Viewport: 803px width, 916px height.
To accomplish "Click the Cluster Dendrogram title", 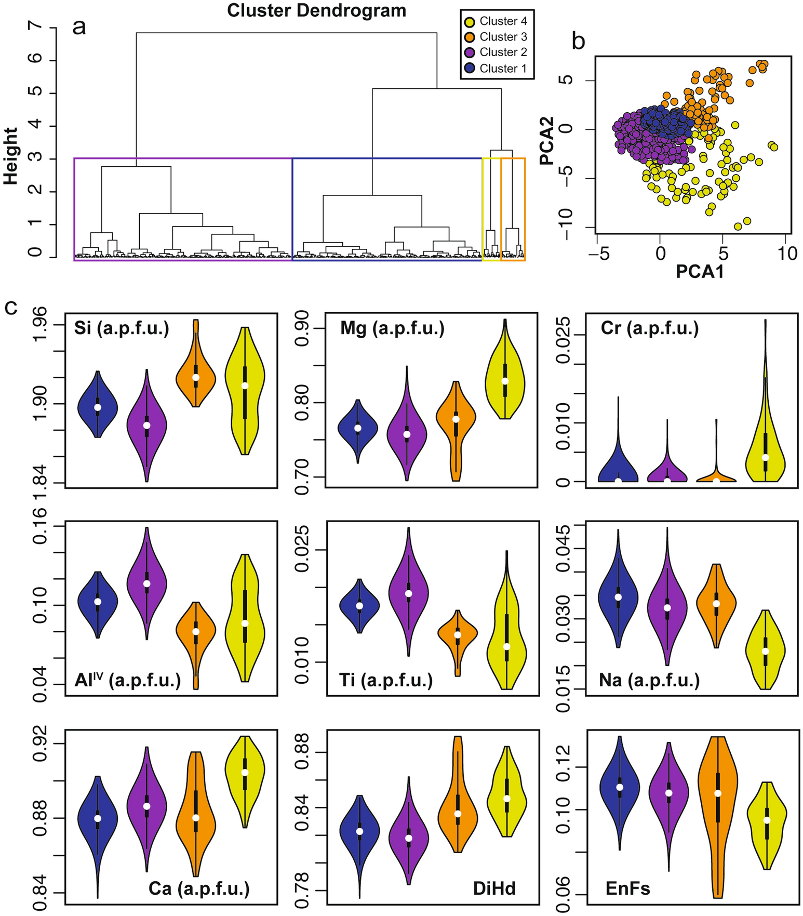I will click(316, 10).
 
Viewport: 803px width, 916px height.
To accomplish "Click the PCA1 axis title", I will click(700, 272).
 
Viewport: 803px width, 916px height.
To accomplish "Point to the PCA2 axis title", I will click(547, 141).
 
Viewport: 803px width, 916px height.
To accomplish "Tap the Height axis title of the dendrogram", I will click(11, 156).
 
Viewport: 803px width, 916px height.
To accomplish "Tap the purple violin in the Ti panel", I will click(409, 592).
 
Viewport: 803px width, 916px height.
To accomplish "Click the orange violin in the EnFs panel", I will click(718, 795).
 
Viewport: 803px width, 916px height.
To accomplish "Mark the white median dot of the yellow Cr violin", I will click(765, 457).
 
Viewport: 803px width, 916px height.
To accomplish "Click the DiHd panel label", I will click(494, 888).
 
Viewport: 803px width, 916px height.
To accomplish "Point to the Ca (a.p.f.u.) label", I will click(199, 888).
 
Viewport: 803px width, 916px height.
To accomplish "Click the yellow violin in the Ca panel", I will click(245, 773).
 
